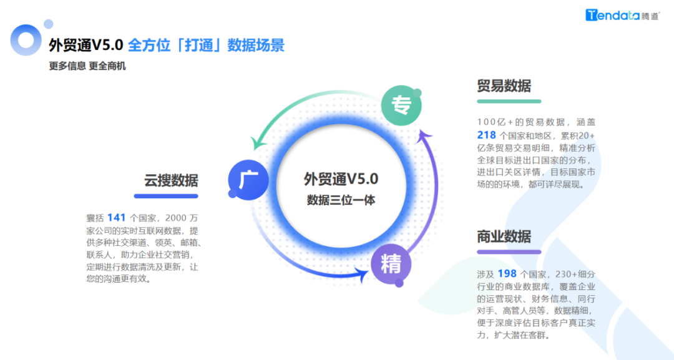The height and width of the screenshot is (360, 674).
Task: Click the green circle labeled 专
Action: tap(401, 105)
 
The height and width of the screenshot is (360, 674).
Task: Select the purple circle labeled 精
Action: tap(391, 265)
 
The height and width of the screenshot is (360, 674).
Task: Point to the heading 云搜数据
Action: tap(170, 181)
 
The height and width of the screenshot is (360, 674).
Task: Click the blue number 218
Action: tap(486, 135)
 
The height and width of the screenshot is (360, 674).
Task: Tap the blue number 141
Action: tap(117, 218)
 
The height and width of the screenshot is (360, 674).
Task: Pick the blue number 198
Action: tap(507, 273)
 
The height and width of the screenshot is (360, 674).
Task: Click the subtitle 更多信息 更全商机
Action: tap(87, 66)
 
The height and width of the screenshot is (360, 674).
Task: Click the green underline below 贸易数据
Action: tap(508, 101)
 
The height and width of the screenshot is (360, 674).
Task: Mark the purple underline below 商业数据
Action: tap(508, 252)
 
